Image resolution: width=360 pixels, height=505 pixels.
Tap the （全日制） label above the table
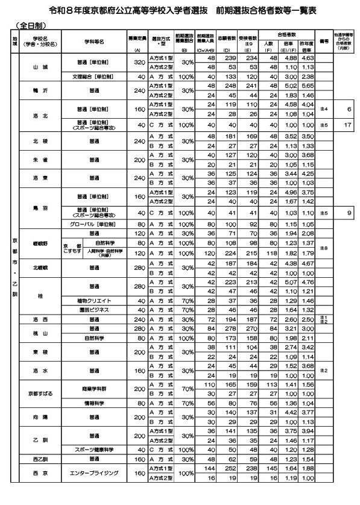click(28, 27)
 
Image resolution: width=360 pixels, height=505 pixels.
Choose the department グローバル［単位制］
click(90, 223)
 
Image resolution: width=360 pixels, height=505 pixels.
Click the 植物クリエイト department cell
click(90, 300)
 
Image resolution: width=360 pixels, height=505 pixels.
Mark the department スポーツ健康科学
click(90, 450)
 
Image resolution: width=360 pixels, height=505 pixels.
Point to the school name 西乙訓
click(40, 459)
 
